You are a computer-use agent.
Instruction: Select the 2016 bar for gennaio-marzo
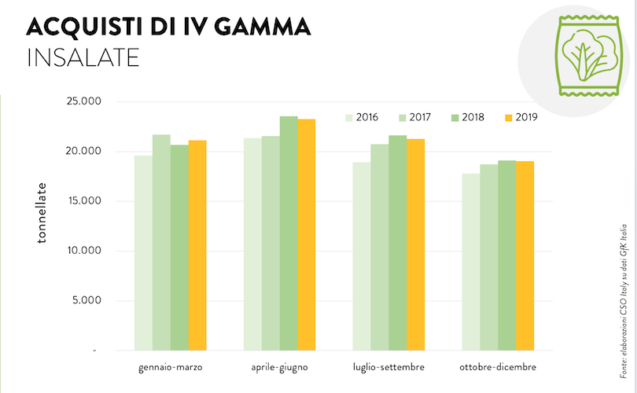143,252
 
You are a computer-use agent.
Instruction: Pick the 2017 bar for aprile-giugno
271,243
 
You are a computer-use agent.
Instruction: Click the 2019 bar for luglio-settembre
415,244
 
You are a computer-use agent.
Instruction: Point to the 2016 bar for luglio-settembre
361,256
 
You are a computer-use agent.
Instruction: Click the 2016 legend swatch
348,117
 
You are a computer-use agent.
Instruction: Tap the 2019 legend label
526,117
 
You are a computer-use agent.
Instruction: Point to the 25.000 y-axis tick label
85,101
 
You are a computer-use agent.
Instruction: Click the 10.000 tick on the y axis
85,251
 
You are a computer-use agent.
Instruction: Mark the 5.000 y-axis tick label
88,300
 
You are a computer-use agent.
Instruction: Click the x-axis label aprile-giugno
279,368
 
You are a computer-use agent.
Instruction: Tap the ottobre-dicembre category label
498,368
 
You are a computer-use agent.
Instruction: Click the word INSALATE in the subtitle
83,57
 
